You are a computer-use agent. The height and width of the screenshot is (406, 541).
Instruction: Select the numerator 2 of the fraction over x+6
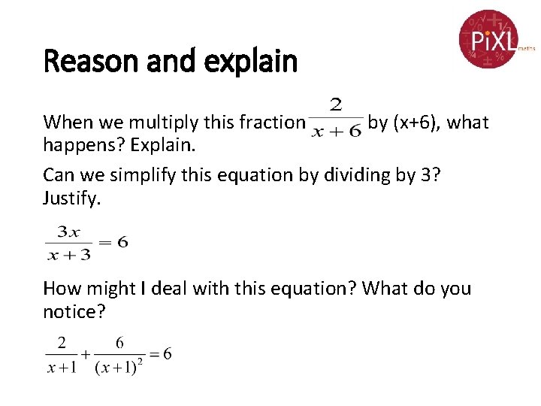point(335,105)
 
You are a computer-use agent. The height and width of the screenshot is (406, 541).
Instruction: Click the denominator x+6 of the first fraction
point(336,132)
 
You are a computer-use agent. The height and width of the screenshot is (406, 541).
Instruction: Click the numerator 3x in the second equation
point(68,231)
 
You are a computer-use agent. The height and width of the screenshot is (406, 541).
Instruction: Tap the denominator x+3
point(68,254)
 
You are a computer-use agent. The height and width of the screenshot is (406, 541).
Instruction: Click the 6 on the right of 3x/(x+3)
point(123,242)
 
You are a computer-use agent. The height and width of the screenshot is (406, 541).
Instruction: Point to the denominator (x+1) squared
point(119,366)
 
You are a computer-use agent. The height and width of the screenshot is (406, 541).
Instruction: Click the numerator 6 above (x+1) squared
point(120,343)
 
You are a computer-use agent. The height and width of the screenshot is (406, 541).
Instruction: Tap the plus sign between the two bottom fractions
point(86,355)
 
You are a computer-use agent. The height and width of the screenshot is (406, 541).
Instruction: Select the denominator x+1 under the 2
point(62,367)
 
